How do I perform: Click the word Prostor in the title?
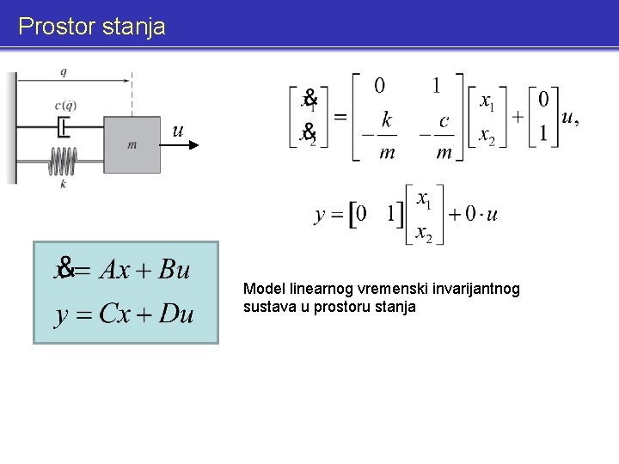56,27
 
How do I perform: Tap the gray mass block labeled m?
132,145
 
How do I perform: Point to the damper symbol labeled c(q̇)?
64,128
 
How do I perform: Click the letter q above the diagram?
65,71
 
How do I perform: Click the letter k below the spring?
64,183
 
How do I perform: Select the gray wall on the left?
11,129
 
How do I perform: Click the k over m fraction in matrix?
387,135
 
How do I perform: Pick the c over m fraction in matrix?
443,135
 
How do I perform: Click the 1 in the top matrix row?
437,86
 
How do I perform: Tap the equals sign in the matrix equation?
340,116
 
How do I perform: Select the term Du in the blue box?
175,314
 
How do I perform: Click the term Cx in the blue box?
117,314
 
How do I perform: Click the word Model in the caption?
262,289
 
